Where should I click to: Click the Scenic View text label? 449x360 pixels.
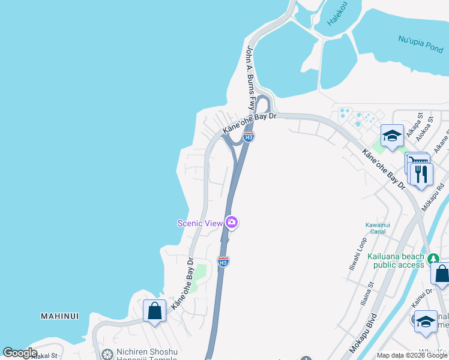coord(200,223)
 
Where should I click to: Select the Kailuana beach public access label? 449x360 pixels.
coord(398,260)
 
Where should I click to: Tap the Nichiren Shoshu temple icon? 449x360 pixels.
coord(107,355)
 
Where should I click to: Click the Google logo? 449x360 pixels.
coord(20,353)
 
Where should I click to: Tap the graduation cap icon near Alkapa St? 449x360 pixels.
coord(392,136)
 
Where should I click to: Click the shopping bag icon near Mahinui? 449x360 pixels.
coord(154,311)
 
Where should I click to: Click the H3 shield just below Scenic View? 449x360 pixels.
coord(223,262)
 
